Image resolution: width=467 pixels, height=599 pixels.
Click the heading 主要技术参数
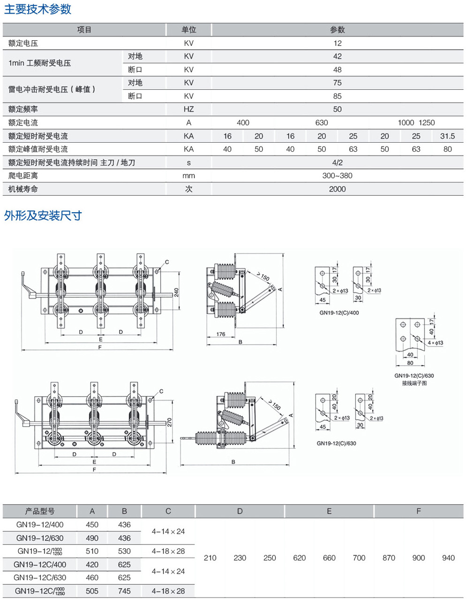coord(38,9)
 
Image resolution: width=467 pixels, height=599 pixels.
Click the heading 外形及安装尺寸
coord(43,215)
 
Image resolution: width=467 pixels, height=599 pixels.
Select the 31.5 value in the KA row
coord(447,136)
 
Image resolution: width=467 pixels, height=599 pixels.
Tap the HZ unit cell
coord(188,109)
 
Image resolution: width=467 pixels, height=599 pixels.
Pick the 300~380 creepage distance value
coord(337,176)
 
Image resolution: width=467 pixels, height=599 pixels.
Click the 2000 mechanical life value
coord(337,189)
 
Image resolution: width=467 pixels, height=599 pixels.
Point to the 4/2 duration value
coord(337,162)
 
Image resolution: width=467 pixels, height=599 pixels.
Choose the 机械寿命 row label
coord(23,189)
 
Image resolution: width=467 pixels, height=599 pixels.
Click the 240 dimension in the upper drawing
coord(176,292)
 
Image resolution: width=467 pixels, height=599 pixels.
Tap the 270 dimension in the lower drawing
coord(170,422)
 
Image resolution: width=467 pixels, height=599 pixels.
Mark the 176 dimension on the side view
coord(221,334)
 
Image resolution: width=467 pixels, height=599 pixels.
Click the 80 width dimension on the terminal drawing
coord(410,362)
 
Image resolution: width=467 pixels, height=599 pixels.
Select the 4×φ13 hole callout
coord(435,343)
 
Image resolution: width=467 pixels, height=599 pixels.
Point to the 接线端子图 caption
coord(414,383)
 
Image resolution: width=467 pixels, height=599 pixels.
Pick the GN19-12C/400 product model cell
coord(40,565)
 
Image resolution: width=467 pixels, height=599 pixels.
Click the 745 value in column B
coord(124,591)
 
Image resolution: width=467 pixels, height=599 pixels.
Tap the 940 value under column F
coord(448,558)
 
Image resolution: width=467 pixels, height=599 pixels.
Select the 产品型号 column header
coord(40,511)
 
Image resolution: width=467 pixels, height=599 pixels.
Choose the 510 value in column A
coord(92,551)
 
